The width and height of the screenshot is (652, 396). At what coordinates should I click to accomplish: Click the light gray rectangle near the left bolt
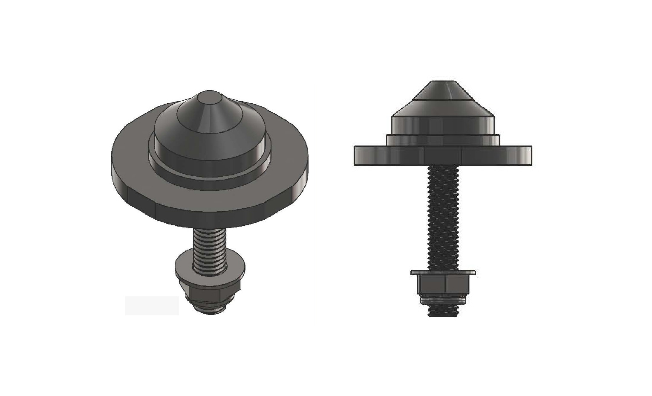click(152, 306)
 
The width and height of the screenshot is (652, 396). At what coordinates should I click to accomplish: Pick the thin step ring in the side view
click(443, 140)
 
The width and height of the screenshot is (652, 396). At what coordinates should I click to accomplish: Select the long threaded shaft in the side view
click(443, 218)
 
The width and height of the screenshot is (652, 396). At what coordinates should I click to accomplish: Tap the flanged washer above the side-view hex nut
click(443, 272)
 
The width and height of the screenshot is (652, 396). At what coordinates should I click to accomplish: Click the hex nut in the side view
click(443, 284)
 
